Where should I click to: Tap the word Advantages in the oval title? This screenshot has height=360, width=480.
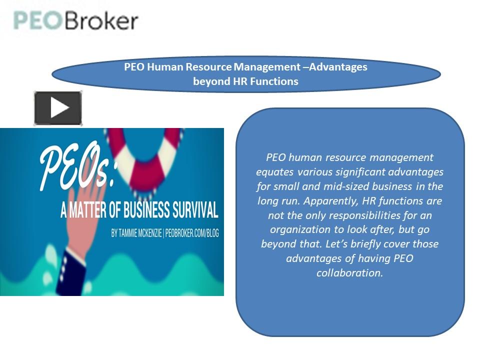(x=338, y=67)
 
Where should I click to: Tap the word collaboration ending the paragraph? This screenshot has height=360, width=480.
(x=349, y=273)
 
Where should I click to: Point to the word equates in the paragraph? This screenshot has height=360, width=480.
(x=275, y=172)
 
